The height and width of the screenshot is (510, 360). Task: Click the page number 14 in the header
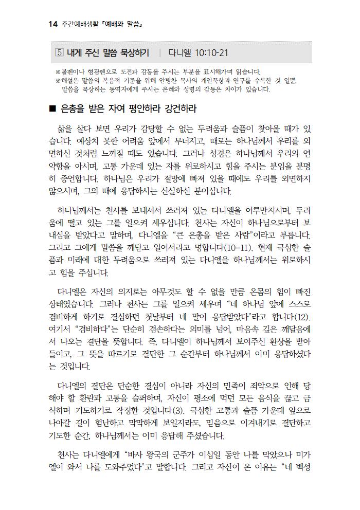click(52, 24)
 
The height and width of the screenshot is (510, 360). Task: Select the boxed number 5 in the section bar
click(58, 53)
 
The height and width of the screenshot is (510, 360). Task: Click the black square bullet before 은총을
click(51, 110)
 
